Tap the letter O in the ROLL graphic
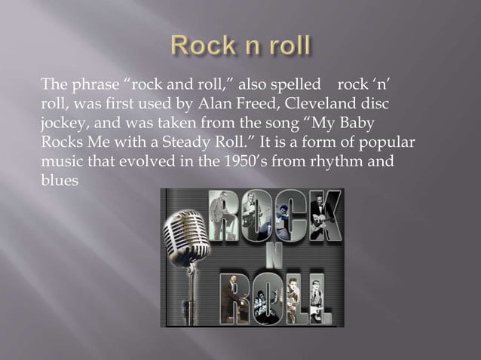point(262,297)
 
